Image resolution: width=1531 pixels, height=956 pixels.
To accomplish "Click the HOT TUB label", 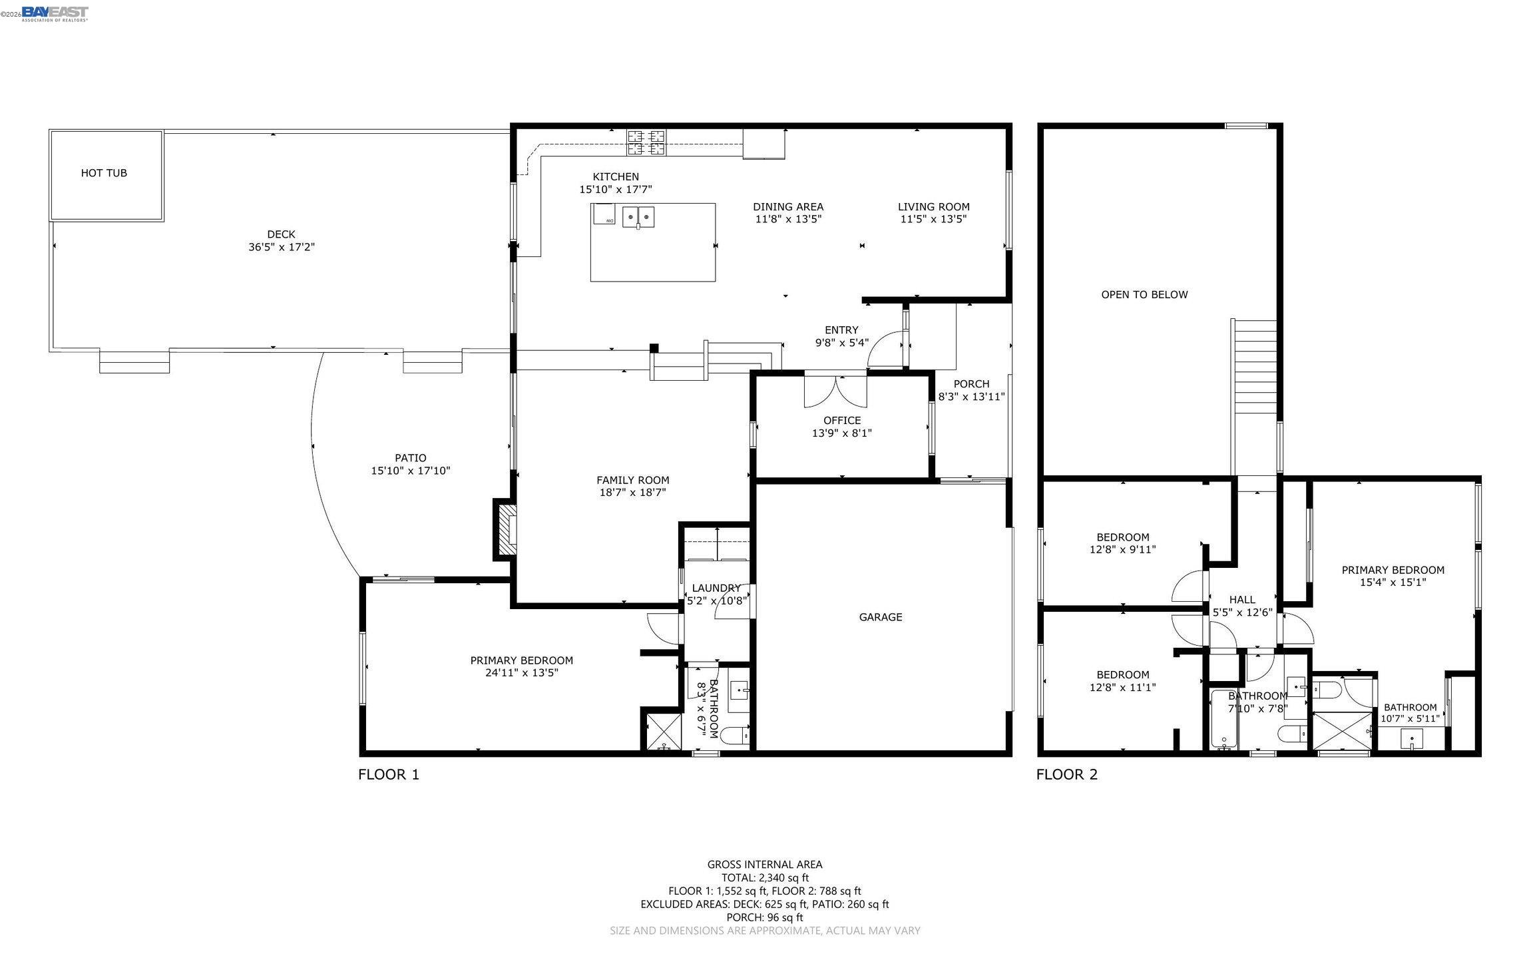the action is click(104, 173).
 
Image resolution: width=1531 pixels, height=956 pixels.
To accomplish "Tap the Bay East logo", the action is click(55, 13).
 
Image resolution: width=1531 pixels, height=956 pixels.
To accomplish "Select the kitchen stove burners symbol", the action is click(646, 142).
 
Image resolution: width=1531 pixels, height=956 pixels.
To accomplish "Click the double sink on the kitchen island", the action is click(638, 216).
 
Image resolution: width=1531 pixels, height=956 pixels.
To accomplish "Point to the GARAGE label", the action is click(881, 617).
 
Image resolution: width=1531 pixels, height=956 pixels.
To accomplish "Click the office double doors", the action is click(835, 391).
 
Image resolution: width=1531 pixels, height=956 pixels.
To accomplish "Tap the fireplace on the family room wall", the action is click(505, 529).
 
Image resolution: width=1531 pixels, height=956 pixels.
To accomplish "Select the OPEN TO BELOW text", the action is click(1144, 295).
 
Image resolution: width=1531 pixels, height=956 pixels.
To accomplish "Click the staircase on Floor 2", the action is click(1255, 396).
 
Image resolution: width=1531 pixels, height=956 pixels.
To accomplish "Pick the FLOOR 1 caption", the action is click(389, 774).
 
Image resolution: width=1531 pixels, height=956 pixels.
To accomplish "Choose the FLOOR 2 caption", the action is click(1067, 774).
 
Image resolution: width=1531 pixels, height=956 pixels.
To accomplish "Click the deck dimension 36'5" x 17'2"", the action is click(282, 247).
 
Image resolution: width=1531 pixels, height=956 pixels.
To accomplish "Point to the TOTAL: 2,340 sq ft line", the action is click(765, 877).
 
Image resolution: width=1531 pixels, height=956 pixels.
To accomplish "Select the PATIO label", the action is click(411, 458).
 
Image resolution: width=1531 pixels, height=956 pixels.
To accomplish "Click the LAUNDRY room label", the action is click(716, 588).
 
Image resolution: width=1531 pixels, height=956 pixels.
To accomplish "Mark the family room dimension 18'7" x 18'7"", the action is click(633, 493).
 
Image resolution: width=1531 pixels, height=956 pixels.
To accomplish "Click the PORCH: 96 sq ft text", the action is click(765, 917).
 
